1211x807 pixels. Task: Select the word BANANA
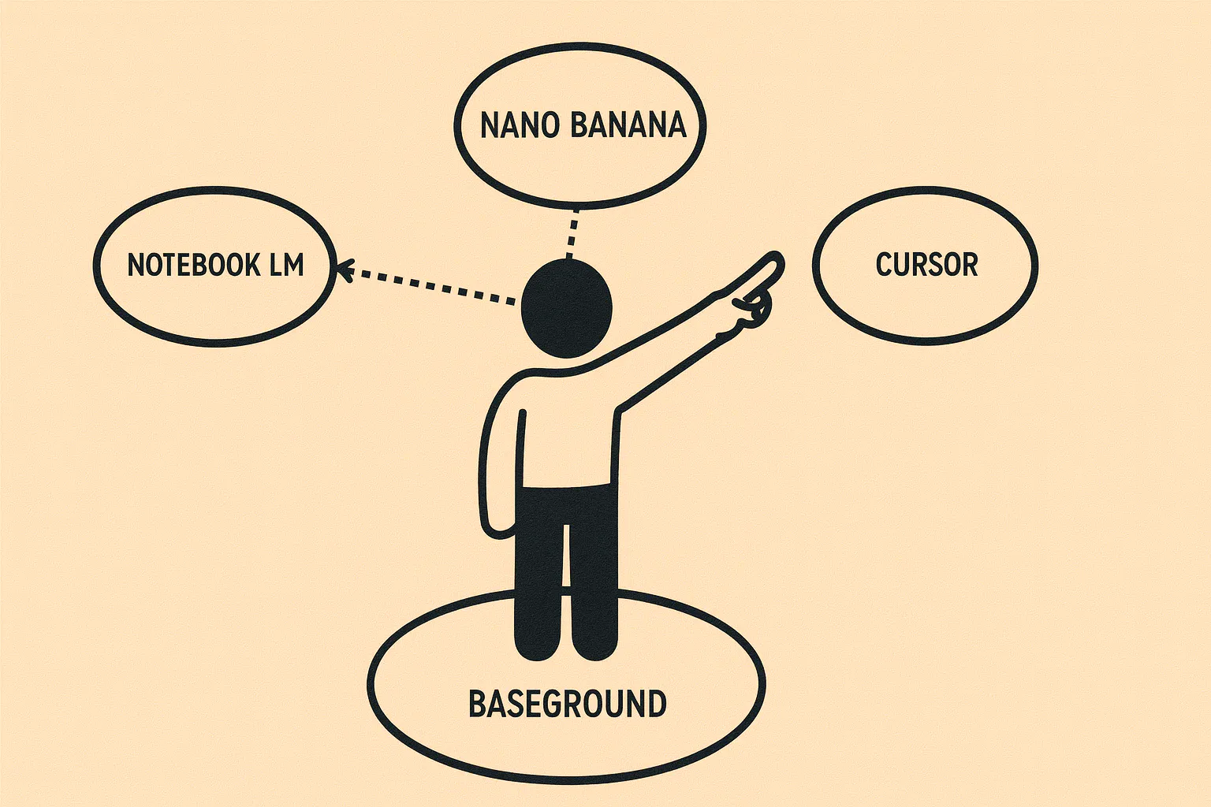[628, 125]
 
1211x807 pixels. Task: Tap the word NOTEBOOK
[193, 265]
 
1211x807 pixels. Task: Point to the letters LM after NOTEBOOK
[286, 265]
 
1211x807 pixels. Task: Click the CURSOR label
[926, 264]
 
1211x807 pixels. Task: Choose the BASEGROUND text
[567, 703]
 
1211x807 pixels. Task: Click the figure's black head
[567, 308]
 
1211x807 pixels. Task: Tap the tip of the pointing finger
[777, 258]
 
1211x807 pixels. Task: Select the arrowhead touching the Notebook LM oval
[345, 270]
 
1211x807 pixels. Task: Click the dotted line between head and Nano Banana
[572, 234]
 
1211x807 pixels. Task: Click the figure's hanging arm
[497, 459]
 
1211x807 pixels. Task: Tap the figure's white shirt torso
[568, 433]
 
